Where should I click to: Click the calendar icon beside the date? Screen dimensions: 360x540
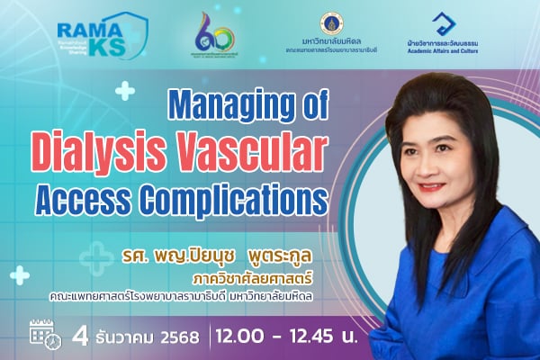tap(43, 333)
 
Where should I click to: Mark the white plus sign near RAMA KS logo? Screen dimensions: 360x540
tap(125, 90)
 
